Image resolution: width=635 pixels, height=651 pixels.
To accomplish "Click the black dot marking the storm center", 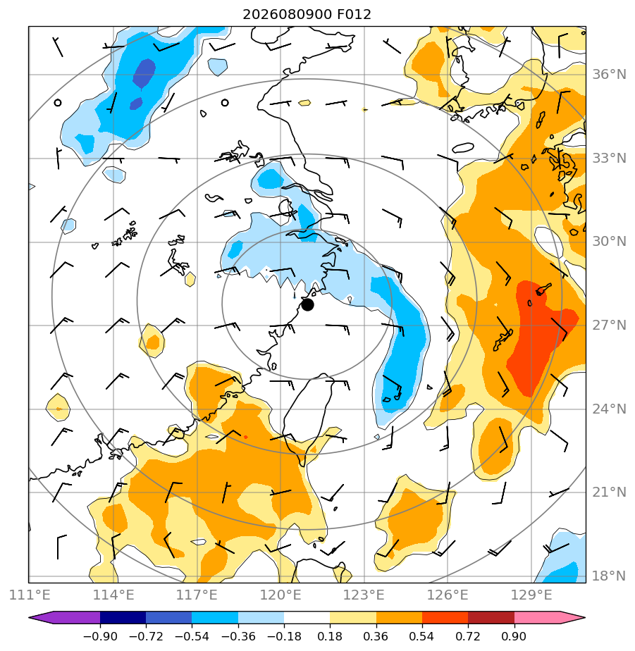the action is pyautogui.click(x=307, y=305).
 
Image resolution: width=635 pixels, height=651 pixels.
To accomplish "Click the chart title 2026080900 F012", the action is pyautogui.click(x=307, y=15).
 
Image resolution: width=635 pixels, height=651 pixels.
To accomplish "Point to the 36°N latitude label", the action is pyautogui.click(x=609, y=75).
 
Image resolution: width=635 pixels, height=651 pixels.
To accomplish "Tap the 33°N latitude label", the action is pyautogui.click(x=609, y=159).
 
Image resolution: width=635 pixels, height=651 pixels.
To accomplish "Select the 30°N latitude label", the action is pyautogui.click(x=609, y=242).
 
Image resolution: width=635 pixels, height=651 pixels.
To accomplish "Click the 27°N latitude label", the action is pyautogui.click(x=609, y=325).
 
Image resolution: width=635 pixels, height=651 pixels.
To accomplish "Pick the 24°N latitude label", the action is pyautogui.click(x=609, y=409).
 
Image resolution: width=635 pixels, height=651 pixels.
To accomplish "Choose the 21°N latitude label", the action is pyautogui.click(x=609, y=492).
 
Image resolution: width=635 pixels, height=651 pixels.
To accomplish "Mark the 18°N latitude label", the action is pyautogui.click(x=609, y=576).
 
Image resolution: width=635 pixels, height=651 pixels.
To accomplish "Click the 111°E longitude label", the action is pyautogui.click(x=30, y=595).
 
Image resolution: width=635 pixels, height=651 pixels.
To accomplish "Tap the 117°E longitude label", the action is pyautogui.click(x=197, y=595).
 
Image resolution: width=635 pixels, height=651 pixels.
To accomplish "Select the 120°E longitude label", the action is pyautogui.click(x=280, y=595).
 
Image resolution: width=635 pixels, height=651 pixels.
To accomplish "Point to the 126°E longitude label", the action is pyautogui.click(x=448, y=595).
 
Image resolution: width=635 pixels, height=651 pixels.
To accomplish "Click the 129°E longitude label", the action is pyautogui.click(x=531, y=595).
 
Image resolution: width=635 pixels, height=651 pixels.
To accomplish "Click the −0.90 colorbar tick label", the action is pyautogui.click(x=100, y=636).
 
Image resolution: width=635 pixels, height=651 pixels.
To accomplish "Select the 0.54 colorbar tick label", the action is pyautogui.click(x=422, y=636).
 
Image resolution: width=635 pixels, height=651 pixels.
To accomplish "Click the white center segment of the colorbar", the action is pyautogui.click(x=307, y=617).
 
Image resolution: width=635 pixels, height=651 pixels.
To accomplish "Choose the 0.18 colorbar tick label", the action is pyautogui.click(x=330, y=636).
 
